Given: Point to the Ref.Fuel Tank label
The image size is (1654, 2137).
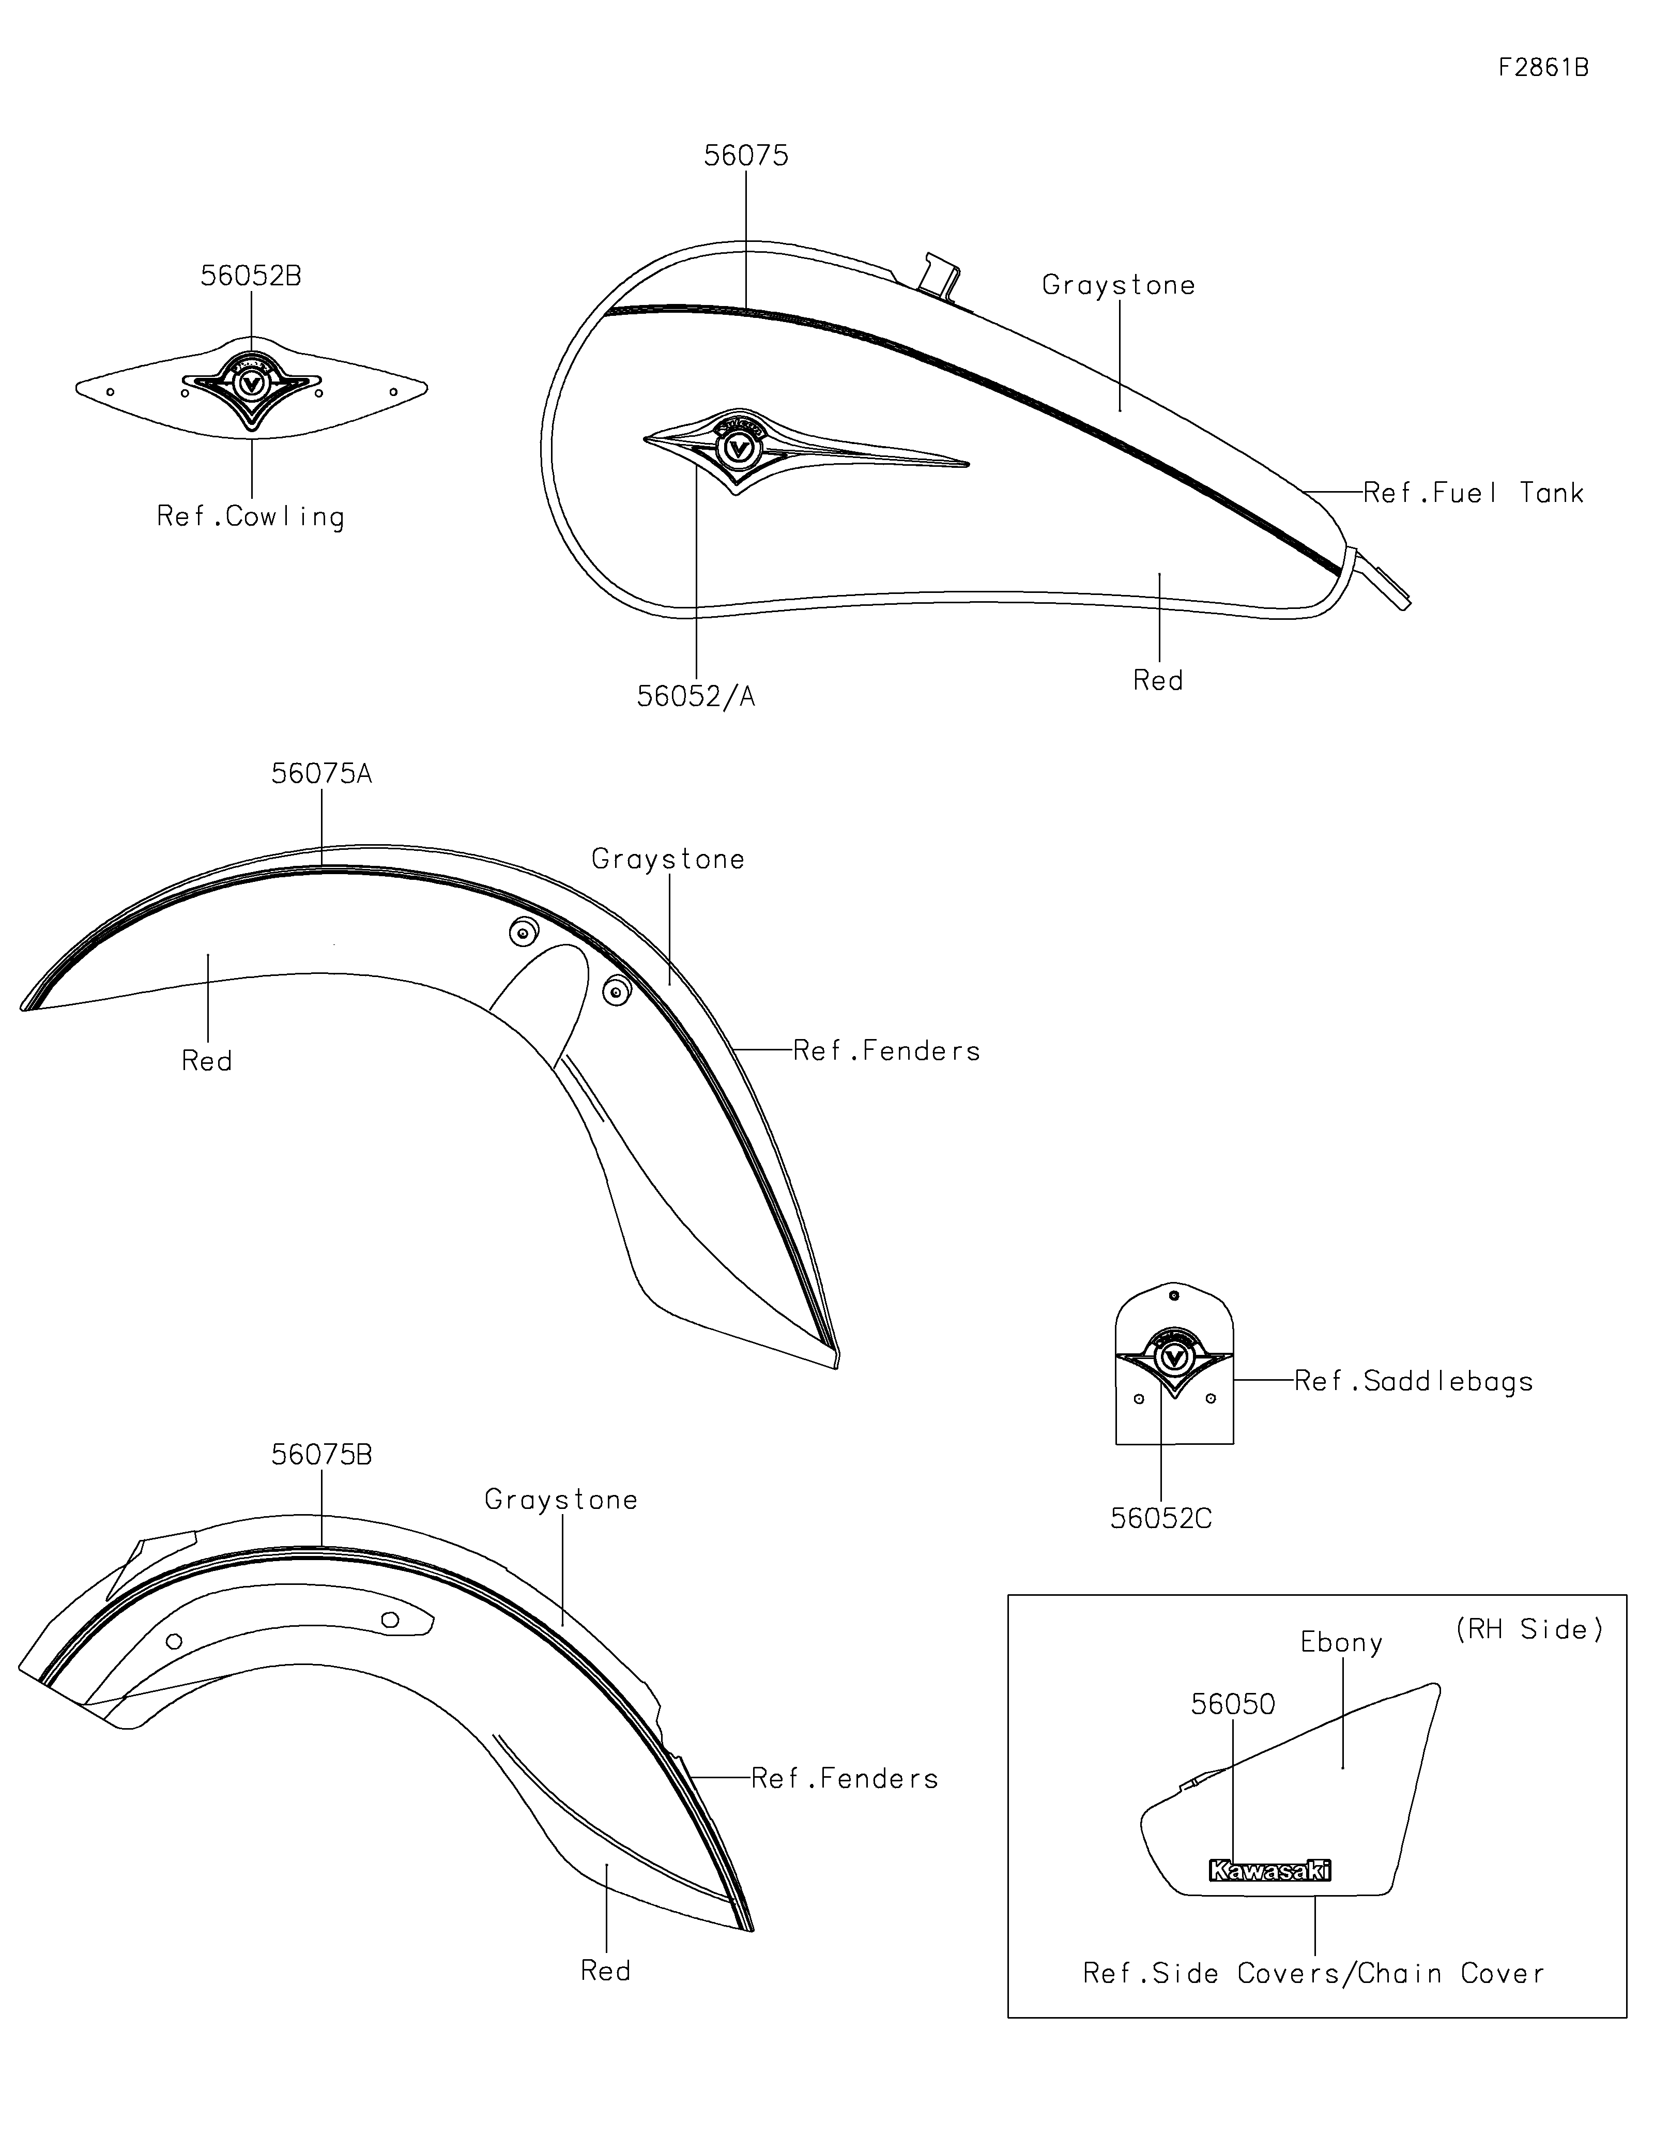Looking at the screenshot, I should [1473, 493].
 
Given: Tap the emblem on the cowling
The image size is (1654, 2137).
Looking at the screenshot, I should [251, 384].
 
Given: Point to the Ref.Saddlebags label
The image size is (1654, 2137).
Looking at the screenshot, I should [1413, 1382].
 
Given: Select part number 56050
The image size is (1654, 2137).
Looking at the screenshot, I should [1232, 1704].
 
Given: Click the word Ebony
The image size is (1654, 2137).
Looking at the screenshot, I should [1341, 1642].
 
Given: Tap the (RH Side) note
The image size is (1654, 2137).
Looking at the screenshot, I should [1529, 1629].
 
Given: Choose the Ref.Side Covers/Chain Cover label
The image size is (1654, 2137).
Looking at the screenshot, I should [1313, 1974].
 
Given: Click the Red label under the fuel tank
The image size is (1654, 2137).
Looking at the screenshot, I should [1158, 681].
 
